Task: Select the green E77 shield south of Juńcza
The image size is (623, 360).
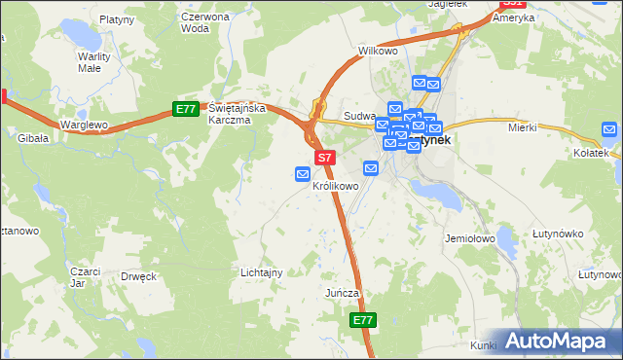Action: pyautogui.click(x=362, y=320)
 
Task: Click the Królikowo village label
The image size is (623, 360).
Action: pyautogui.click(x=336, y=186)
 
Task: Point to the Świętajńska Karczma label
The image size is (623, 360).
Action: pyautogui.click(x=230, y=115)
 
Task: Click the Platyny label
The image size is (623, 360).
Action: pyautogui.click(x=116, y=18)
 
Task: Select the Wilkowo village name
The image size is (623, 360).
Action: pyautogui.click(x=378, y=51)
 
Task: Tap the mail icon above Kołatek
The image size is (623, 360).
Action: pyautogui.click(x=609, y=129)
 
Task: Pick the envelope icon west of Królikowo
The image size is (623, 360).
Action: pyautogui.click(x=303, y=174)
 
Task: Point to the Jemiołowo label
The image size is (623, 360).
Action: pyautogui.click(x=470, y=238)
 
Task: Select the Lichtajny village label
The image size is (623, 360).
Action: pyautogui.click(x=261, y=273)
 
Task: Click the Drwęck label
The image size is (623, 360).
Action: pyautogui.click(x=138, y=276)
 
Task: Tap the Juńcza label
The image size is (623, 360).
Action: pyautogui.click(x=343, y=293)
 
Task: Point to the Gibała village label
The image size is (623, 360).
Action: pyautogui.click(x=32, y=139)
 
